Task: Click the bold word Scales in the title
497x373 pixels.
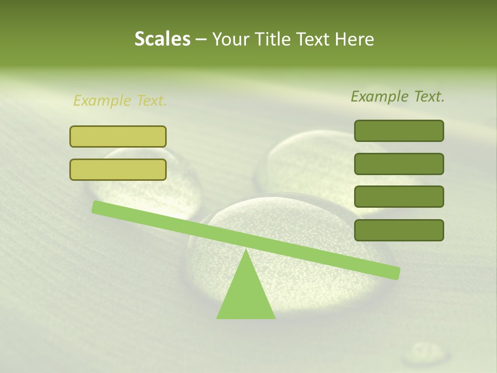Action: pyautogui.click(x=162, y=39)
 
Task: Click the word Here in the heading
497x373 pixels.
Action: pyautogui.click(x=354, y=39)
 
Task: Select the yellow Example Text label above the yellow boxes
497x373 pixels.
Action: pyautogui.click(x=120, y=101)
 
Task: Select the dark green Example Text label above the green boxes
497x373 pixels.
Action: pyautogui.click(x=398, y=96)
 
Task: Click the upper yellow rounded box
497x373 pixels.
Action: pyautogui.click(x=118, y=136)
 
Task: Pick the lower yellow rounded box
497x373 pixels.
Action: pyautogui.click(x=118, y=169)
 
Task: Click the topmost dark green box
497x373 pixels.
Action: pyautogui.click(x=399, y=131)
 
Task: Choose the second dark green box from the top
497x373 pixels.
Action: pyautogui.click(x=399, y=164)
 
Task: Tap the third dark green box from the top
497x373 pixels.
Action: pyautogui.click(x=399, y=197)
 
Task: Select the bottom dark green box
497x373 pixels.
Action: pyautogui.click(x=399, y=230)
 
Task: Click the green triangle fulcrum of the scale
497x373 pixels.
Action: pyautogui.click(x=246, y=295)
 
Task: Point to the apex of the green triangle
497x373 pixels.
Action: pyautogui.click(x=246, y=252)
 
